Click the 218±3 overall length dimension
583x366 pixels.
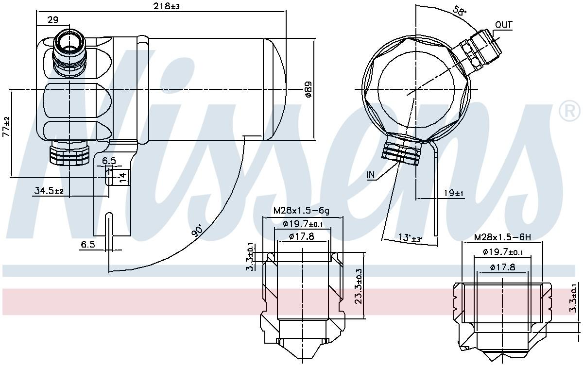point(166,6)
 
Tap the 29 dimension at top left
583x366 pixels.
point(53,20)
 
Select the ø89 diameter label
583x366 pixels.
point(308,89)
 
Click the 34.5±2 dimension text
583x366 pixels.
point(49,191)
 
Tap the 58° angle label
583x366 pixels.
point(460,10)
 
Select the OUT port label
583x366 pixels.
point(504,25)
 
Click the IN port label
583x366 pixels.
point(371,175)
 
